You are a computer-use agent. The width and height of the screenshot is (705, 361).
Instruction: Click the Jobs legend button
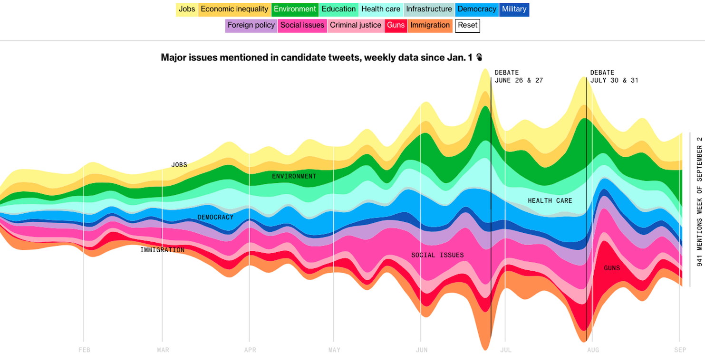coord(187,9)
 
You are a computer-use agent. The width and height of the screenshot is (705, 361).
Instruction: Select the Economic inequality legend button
coord(234,9)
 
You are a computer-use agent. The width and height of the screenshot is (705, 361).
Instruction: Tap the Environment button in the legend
coord(295,9)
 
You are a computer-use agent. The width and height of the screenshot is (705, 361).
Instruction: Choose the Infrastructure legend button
coord(429,9)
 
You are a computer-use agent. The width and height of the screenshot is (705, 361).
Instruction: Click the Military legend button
coord(514,9)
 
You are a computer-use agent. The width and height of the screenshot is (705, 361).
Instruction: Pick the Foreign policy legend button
coord(251,25)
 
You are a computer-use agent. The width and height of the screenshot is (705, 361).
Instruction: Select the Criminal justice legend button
coord(356,25)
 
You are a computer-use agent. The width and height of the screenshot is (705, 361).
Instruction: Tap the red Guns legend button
coord(396,25)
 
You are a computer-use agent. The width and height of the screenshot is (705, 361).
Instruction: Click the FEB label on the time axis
coord(84,350)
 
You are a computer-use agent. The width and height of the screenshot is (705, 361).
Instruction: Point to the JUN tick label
coord(422,350)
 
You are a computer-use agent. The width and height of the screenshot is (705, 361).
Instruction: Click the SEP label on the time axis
coord(680,350)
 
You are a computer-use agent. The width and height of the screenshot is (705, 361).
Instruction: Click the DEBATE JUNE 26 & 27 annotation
coord(518,76)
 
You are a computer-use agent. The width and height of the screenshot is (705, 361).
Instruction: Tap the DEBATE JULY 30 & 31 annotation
coord(614,76)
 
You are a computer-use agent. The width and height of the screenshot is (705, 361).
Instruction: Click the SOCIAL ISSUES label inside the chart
coord(437,255)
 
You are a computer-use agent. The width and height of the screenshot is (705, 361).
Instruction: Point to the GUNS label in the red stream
coord(612,268)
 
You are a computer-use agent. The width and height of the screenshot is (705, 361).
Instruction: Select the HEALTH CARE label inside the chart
coord(550,200)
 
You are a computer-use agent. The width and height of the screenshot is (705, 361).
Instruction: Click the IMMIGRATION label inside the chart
coord(162,250)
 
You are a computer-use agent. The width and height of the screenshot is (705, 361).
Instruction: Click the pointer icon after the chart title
coord(479,57)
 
